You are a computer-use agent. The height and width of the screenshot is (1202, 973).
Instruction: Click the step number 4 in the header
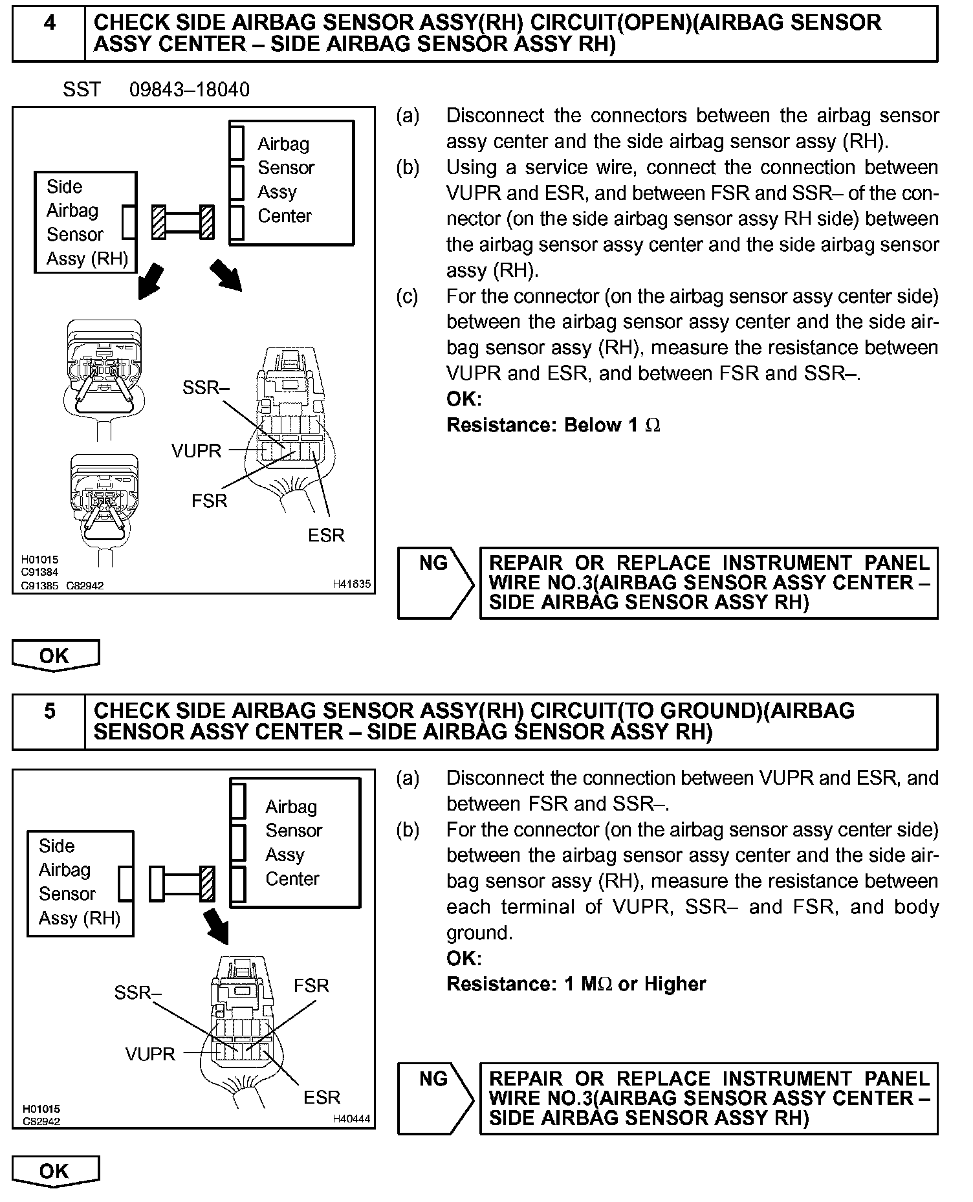pyautogui.click(x=49, y=23)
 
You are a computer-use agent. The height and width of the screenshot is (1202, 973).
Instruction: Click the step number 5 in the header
pyautogui.click(x=50, y=712)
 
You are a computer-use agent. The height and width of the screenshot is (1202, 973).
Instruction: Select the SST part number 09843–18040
pyautogui.click(x=189, y=89)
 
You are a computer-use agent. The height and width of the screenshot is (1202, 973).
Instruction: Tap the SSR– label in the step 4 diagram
pyautogui.click(x=206, y=388)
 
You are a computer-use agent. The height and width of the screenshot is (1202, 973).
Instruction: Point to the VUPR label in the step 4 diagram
pyautogui.click(x=196, y=451)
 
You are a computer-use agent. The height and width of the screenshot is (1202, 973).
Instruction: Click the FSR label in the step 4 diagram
pyautogui.click(x=209, y=501)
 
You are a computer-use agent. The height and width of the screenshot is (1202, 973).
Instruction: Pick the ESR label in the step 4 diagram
pyautogui.click(x=326, y=535)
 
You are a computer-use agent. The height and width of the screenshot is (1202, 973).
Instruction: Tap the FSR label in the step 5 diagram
pyautogui.click(x=311, y=985)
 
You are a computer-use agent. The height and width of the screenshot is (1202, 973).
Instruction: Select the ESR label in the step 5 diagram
pyautogui.click(x=322, y=1097)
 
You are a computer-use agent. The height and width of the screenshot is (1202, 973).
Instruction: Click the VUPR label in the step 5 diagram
pyautogui.click(x=150, y=1054)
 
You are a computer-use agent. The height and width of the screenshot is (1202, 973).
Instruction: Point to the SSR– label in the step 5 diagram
pyautogui.click(x=138, y=992)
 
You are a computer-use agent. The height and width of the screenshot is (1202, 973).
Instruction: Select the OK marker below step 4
pyautogui.click(x=55, y=655)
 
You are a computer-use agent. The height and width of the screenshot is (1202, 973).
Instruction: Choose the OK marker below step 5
pyautogui.click(x=55, y=1171)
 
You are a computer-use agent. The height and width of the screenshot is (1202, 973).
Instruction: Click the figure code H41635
pyautogui.click(x=351, y=584)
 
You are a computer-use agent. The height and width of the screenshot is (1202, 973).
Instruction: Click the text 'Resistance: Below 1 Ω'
pyautogui.click(x=553, y=425)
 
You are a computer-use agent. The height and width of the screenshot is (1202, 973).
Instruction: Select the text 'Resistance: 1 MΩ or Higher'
pyautogui.click(x=576, y=984)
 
